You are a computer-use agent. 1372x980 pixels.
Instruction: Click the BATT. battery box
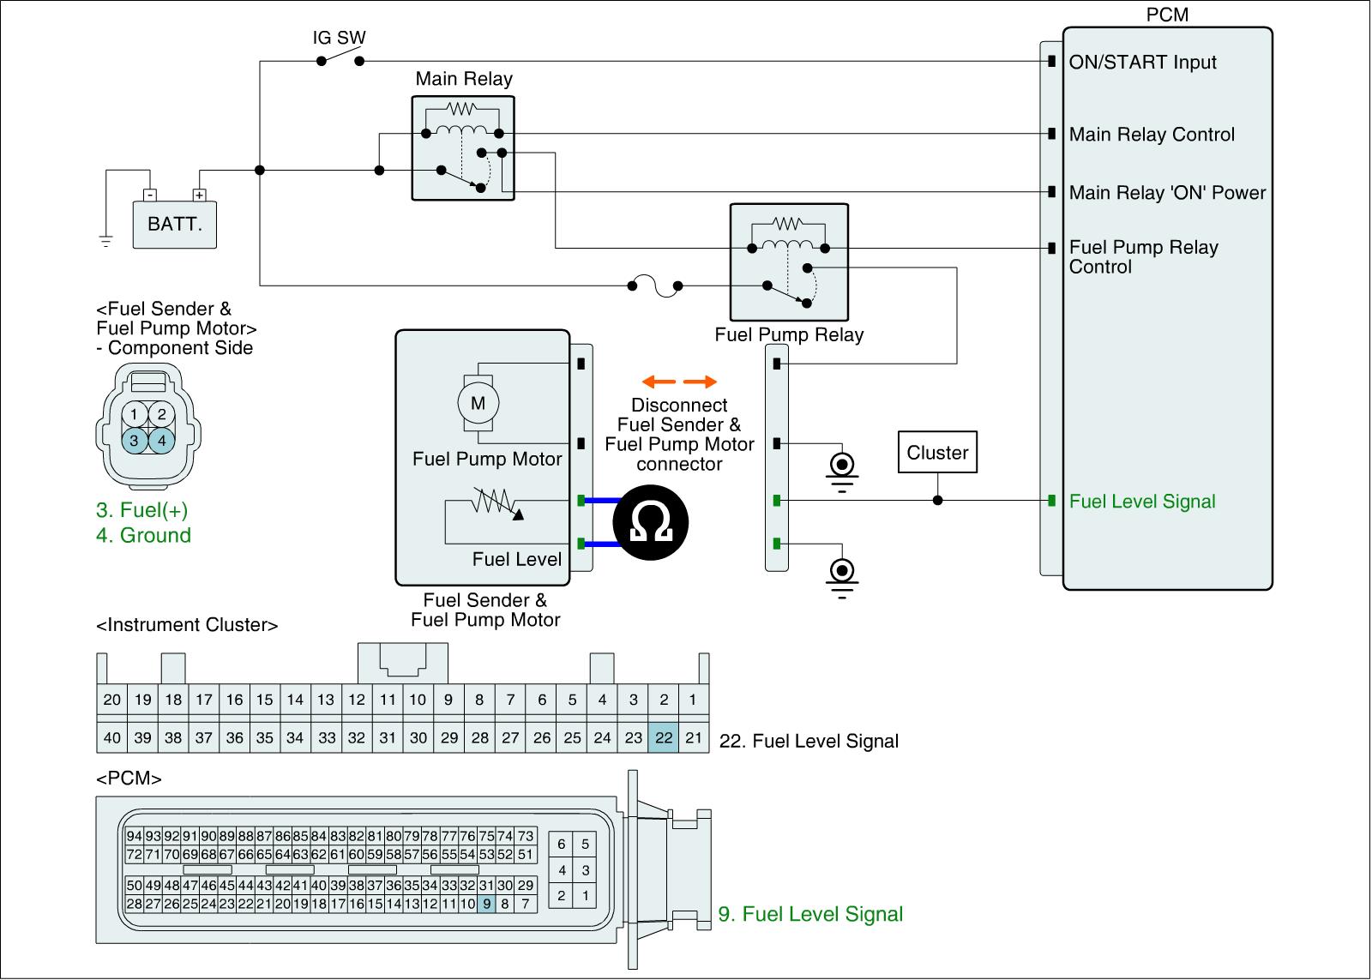pos(174,225)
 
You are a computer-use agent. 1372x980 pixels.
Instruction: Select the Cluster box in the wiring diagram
pos(937,453)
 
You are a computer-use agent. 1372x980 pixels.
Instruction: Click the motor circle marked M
pos(478,403)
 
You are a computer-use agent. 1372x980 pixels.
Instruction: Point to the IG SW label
pos(339,38)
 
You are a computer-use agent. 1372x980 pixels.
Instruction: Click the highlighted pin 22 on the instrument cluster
pos(664,737)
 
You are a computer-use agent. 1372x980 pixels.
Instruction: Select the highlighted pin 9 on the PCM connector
pos(487,903)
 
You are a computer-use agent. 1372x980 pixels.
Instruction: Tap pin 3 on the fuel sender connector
pos(134,441)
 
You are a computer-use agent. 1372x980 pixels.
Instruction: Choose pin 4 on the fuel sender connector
pos(161,441)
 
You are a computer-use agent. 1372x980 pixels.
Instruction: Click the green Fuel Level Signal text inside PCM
pos(1142,502)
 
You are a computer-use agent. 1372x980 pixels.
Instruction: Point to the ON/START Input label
pos(1142,63)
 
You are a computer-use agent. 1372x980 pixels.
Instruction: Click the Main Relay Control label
pos(1152,135)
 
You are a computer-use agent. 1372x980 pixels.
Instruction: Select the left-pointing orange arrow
pos(659,382)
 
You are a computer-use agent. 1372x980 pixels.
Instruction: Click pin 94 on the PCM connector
pos(134,836)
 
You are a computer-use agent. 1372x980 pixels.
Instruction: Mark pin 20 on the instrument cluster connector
pos(112,700)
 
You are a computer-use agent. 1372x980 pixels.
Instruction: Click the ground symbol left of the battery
pos(105,241)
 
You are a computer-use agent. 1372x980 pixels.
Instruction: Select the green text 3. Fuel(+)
pos(141,510)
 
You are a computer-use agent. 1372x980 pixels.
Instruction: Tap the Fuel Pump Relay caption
pos(789,335)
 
